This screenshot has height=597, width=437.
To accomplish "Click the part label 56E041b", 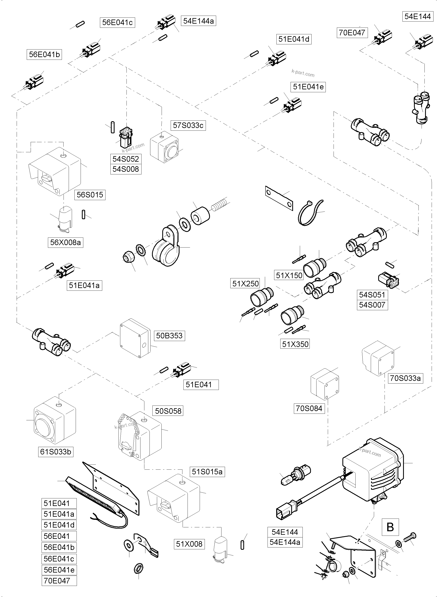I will click(x=44, y=54).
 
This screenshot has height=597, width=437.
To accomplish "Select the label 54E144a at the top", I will click(x=198, y=21).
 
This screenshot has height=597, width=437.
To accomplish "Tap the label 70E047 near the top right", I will click(x=352, y=33).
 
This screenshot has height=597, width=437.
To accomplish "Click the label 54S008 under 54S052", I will click(x=126, y=169).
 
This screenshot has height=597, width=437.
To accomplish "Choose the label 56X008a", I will click(x=65, y=242).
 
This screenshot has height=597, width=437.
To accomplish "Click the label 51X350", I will click(x=295, y=344).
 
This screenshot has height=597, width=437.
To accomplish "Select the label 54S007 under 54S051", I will click(x=372, y=305).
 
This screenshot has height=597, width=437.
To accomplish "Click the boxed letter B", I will click(x=390, y=527).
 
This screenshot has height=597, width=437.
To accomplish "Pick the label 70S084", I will click(x=309, y=409).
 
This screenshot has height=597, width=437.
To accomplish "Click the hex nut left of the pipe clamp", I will click(x=128, y=256).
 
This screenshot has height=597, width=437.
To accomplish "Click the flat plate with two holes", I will click(x=279, y=198).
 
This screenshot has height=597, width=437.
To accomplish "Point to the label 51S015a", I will click(x=207, y=472).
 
